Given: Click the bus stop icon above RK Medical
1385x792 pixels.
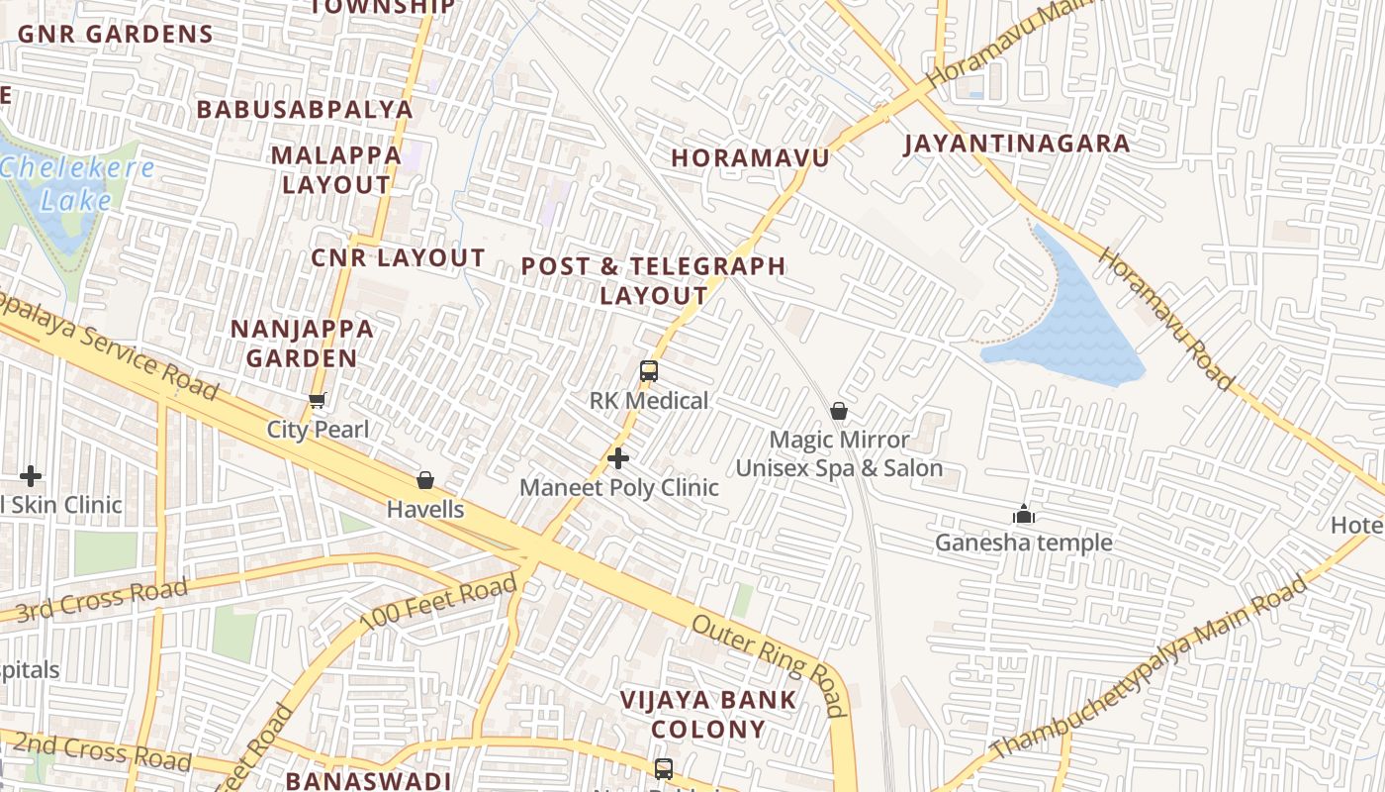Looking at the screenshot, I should tap(649, 371).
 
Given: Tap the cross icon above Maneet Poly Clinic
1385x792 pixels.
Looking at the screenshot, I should tap(618, 458).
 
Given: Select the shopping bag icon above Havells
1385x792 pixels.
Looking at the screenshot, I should tap(425, 480).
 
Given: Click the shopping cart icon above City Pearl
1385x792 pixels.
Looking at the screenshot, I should tap(318, 401).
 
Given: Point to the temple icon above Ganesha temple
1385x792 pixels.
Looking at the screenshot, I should tap(1023, 514).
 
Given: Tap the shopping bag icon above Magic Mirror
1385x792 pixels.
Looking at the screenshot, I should tap(839, 410).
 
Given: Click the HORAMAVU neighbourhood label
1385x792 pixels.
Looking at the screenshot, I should tap(749, 157).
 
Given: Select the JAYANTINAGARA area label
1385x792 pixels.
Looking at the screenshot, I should tap(1017, 144).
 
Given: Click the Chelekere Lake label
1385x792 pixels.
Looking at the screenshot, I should tap(76, 183).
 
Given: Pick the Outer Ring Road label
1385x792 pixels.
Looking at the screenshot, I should tap(770, 664).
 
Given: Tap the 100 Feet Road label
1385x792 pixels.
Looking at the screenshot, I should tap(438, 603).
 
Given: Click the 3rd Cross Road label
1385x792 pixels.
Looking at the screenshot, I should tap(101, 598).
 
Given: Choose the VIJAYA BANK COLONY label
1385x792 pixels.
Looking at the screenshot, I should tap(707, 715).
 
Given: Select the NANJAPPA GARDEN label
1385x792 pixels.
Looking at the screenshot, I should tap(302, 344).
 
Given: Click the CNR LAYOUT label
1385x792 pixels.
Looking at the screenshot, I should tap(398, 258).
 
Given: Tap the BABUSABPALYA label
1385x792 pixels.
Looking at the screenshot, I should tap(304, 109).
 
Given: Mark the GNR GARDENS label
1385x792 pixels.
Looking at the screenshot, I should tap(115, 34).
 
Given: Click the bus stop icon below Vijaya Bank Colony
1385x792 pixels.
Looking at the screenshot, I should tap(664, 768).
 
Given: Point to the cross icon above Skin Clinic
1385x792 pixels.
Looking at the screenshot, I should tap(31, 476).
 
